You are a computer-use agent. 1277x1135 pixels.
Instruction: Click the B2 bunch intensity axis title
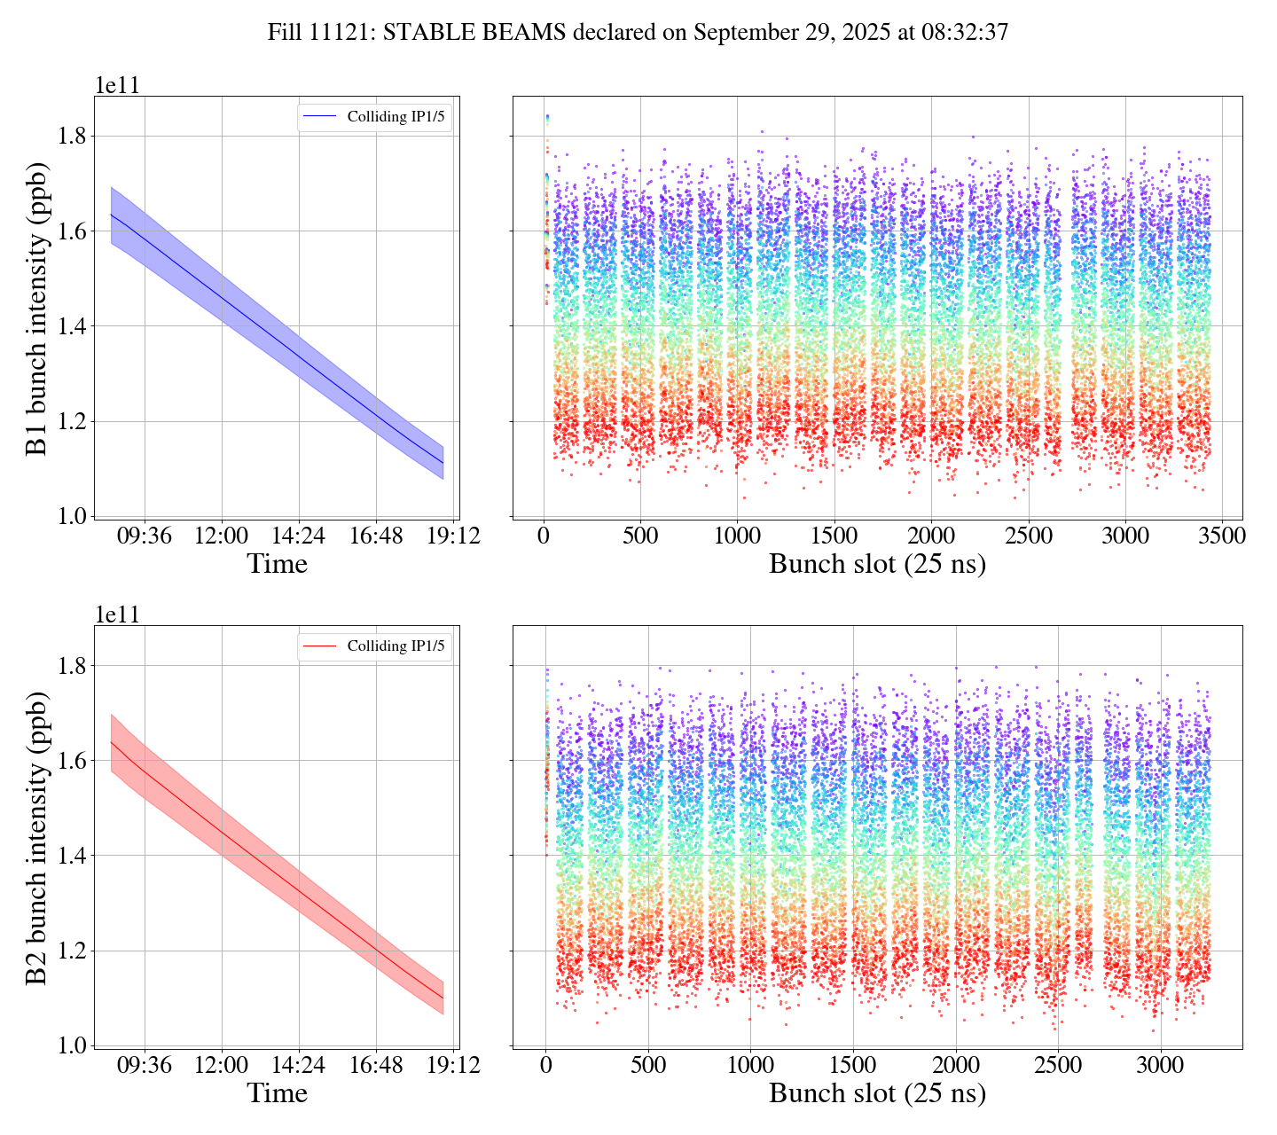37,837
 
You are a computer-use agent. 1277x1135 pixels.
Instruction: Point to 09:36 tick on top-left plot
145,536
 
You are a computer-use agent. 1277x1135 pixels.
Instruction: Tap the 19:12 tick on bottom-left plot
454,1065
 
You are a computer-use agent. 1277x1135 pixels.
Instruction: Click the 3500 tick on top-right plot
1221,536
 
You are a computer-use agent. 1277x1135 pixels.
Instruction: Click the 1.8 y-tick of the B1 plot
74,136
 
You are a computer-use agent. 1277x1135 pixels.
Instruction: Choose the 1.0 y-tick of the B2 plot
74,1045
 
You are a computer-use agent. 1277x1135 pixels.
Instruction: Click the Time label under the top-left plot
277,564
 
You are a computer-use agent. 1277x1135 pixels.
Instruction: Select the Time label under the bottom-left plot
277,1093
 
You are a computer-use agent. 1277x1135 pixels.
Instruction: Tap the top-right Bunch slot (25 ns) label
877,564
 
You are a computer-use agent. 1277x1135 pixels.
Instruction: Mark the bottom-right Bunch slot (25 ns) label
877,1093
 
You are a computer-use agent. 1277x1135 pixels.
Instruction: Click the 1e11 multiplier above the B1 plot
117,86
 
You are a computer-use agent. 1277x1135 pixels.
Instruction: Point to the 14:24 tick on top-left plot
299,536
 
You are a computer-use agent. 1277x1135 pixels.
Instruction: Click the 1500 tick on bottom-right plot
853,1065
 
